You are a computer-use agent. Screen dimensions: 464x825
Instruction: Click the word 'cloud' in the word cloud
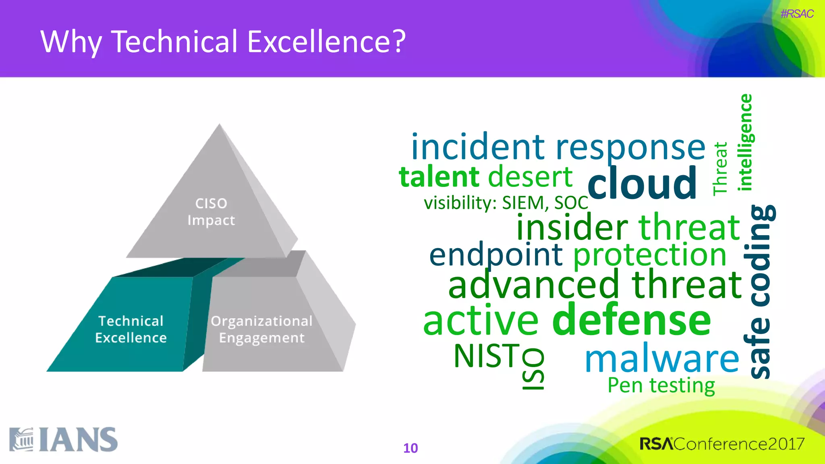point(642,184)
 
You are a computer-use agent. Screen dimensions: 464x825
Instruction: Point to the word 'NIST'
point(487,356)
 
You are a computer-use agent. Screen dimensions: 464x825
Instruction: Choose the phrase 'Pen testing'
point(661,385)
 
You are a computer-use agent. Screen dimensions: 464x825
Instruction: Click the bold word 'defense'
point(631,320)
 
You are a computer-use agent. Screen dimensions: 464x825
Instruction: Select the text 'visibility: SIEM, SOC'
point(506,203)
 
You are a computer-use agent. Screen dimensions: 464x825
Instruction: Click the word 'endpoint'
point(495,255)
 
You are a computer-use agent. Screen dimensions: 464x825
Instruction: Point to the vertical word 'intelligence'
point(745,142)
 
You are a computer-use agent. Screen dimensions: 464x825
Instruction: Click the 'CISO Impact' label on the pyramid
point(211,212)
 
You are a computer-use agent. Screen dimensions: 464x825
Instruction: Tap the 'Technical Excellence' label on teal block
point(131,329)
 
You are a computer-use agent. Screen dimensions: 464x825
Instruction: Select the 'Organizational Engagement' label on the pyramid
point(262,329)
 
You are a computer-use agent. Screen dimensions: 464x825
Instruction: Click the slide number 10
point(410,448)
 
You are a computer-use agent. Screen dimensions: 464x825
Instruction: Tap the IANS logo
point(64,439)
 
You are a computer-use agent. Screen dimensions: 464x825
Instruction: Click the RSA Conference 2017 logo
point(722,444)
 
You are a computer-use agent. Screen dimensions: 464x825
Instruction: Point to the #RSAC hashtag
point(796,14)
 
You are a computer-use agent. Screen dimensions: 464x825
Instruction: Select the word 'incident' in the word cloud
point(478,147)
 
